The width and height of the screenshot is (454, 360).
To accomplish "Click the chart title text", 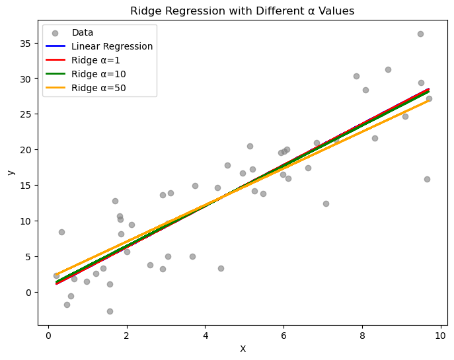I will tap(243, 11).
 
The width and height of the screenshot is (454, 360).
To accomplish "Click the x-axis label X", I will tap(243, 349).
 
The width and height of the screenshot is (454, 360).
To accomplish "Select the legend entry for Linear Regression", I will tap(112, 46).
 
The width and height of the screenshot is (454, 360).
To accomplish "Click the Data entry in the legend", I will tap(83, 32).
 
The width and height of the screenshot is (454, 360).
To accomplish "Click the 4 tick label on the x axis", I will tap(205, 336).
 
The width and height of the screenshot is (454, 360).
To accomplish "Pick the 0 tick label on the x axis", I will tap(48, 336).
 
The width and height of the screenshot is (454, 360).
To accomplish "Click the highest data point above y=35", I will tap(420, 34).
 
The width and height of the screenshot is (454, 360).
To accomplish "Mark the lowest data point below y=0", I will tap(110, 311).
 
